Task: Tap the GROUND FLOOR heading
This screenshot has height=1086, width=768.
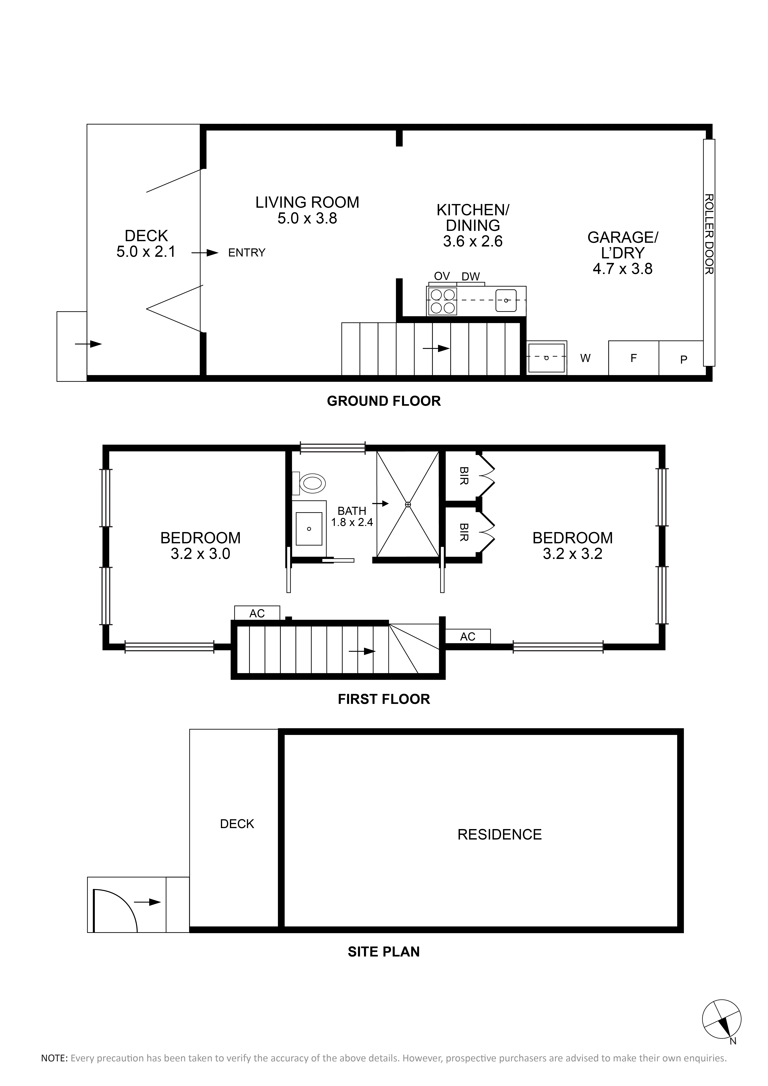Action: click(x=384, y=401)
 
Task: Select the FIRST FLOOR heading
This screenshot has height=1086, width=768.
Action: click(x=384, y=699)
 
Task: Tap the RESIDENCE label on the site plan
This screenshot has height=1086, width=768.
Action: click(x=499, y=834)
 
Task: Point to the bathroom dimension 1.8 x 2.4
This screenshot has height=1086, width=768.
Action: click(x=352, y=522)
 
